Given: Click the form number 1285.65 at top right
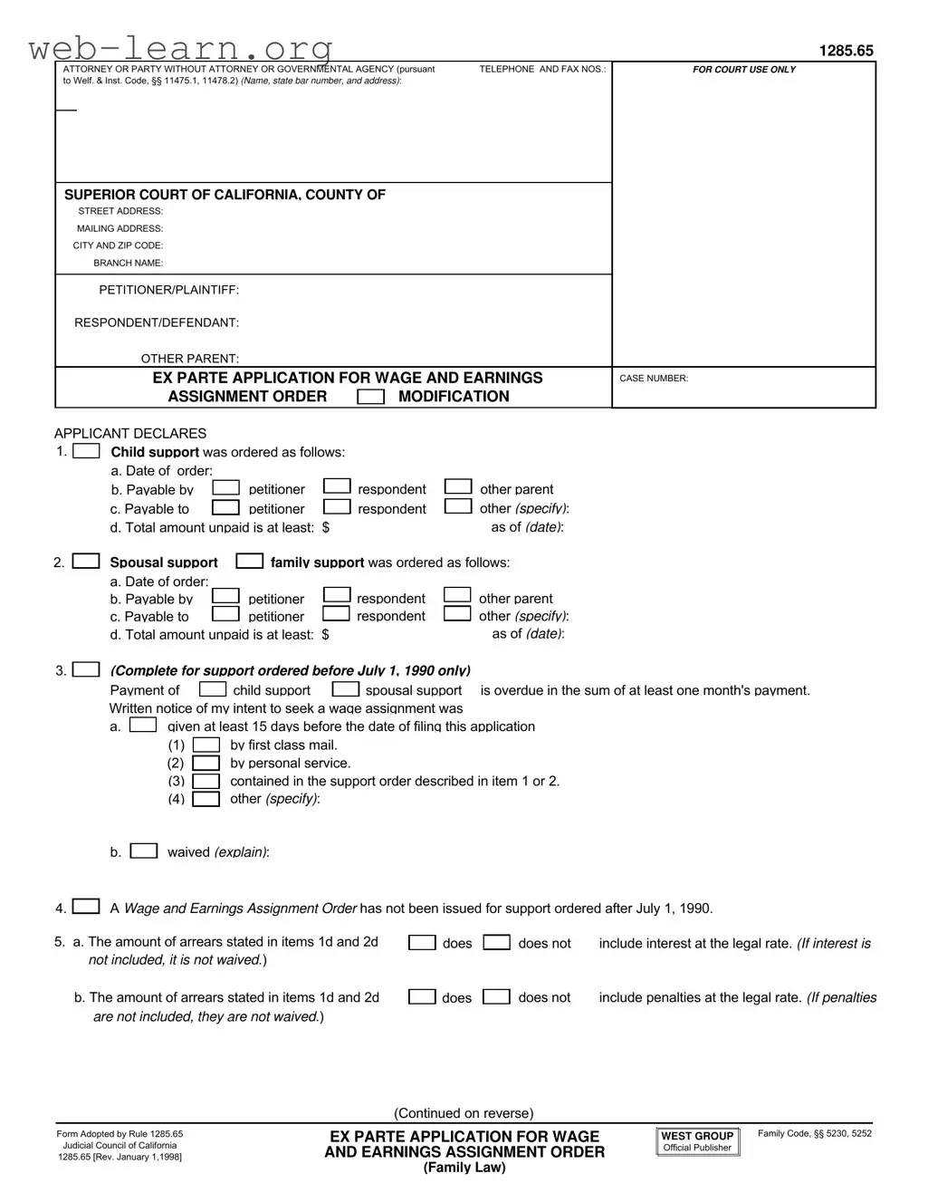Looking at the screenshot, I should [x=846, y=51].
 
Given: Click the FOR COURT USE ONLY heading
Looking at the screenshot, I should [x=743, y=70].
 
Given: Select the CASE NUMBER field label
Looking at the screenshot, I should [x=653, y=379].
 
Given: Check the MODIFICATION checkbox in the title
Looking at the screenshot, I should [x=370, y=397].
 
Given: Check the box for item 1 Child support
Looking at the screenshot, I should [x=86, y=451].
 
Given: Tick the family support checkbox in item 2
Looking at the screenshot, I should [x=249, y=562].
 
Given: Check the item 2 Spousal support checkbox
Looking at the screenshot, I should [x=86, y=562].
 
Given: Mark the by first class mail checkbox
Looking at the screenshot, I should [x=206, y=745].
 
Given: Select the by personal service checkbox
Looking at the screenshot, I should [x=206, y=763].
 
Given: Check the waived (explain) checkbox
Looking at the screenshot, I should [x=143, y=851].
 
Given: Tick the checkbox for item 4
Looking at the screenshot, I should [x=86, y=907].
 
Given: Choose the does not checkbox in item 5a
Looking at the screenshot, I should [x=496, y=943].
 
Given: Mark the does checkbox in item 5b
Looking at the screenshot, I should [x=422, y=997].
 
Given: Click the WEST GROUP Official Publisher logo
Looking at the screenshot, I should [x=697, y=1141].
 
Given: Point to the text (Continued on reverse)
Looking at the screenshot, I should [x=464, y=1113].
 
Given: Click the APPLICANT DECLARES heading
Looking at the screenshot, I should [x=130, y=433].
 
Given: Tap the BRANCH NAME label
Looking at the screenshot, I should [x=128, y=264].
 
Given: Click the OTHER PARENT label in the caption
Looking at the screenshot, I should [x=189, y=359].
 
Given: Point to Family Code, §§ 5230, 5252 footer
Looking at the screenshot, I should [x=814, y=1133].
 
